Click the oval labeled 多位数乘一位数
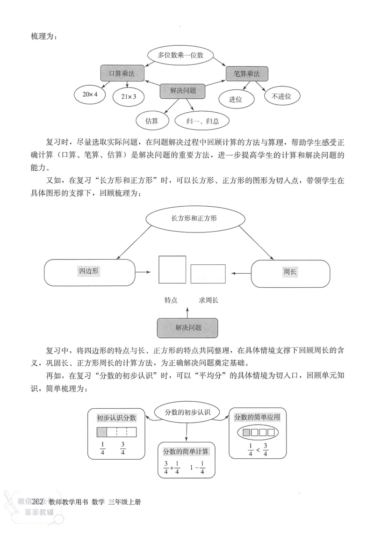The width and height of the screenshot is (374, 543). (x=180, y=55)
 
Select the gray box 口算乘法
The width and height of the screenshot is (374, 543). (x=122, y=73)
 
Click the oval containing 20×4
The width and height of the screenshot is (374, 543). (x=90, y=94)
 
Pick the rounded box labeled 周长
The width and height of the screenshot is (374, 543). (x=290, y=271)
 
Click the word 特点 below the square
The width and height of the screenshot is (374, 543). (x=171, y=300)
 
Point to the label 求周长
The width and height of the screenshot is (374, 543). (x=209, y=300)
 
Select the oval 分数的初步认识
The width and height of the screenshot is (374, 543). (x=188, y=412)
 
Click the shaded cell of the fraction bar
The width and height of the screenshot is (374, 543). (x=102, y=432)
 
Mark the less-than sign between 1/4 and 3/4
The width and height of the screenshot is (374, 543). (x=257, y=450)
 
